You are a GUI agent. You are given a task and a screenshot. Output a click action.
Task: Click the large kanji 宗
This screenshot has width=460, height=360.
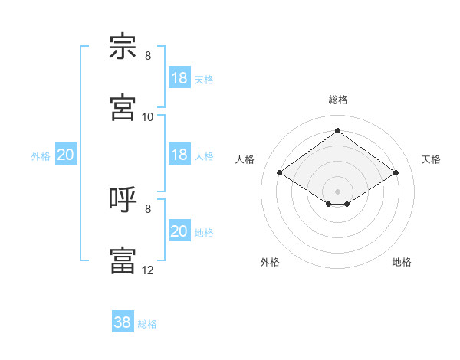click(x=123, y=46)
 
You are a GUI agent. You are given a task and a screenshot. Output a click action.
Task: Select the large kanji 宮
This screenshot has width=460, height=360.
click(x=123, y=107)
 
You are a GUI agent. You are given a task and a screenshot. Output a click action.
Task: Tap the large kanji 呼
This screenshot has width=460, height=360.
click(x=123, y=199)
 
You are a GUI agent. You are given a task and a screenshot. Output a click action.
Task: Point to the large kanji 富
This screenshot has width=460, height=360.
click(x=123, y=260)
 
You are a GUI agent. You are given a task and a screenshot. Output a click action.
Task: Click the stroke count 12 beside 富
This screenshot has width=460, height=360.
click(x=147, y=270)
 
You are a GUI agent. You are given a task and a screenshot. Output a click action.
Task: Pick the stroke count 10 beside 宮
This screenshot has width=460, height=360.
click(x=147, y=117)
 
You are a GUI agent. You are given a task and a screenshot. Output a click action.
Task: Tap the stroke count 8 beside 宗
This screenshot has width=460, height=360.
click(x=148, y=56)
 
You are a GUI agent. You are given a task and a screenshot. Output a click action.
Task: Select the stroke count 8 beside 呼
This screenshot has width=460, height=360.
click(x=148, y=209)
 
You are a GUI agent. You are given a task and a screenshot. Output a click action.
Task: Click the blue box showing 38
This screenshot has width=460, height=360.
click(x=123, y=321)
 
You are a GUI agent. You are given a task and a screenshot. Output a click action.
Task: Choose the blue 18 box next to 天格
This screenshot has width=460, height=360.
click(x=180, y=77)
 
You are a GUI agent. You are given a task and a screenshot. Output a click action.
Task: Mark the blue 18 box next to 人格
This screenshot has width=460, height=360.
click(x=180, y=154)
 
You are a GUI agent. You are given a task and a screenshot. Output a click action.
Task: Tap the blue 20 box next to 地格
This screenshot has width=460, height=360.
click(x=180, y=230)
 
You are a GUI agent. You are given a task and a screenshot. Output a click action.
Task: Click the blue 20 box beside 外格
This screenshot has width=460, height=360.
click(x=66, y=154)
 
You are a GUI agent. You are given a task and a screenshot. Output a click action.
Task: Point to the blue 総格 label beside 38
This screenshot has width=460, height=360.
click(x=147, y=324)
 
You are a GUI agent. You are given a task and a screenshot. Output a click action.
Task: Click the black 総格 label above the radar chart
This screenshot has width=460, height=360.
click(x=338, y=100)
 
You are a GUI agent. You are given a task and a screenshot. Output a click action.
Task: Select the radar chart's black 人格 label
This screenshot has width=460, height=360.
click(x=245, y=159)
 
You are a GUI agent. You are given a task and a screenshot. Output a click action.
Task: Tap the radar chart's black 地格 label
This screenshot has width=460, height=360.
click(x=402, y=262)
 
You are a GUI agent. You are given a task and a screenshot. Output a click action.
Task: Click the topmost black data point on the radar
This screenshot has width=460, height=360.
click(x=337, y=130)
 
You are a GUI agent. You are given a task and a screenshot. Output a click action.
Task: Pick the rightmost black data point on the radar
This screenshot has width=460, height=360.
click(x=396, y=172)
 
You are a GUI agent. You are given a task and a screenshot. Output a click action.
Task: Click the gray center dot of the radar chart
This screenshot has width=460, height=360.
click(x=337, y=191)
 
